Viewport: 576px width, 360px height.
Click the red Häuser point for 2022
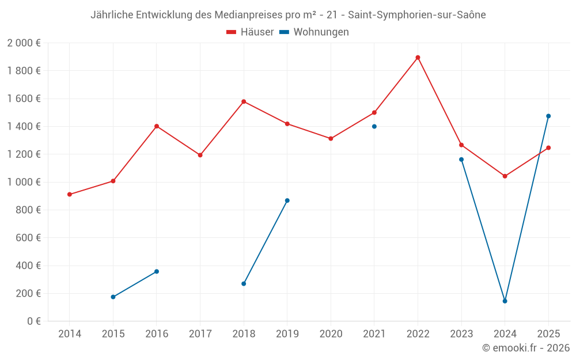(x=418, y=58)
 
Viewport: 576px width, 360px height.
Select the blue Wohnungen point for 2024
(x=505, y=301)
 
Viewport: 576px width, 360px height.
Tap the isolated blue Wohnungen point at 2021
(x=374, y=126)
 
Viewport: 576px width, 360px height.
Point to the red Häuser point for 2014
(x=70, y=194)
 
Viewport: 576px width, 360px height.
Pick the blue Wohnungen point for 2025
(x=548, y=116)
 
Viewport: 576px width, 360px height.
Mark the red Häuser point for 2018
(x=244, y=101)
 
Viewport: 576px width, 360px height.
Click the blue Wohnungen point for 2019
(x=287, y=200)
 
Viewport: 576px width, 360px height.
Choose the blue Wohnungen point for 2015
(x=113, y=297)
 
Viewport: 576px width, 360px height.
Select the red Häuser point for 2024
(x=505, y=176)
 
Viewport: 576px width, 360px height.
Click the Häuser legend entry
(x=250, y=32)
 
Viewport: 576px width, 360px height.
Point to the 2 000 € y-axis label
(x=24, y=43)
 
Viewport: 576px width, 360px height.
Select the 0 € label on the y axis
(x=33, y=321)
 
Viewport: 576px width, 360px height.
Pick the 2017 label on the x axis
(x=200, y=334)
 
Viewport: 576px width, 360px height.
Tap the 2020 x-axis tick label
(x=331, y=334)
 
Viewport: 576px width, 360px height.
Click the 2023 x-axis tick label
(x=461, y=334)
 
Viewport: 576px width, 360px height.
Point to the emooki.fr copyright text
(x=525, y=348)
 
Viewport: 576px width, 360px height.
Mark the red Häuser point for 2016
(x=157, y=126)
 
